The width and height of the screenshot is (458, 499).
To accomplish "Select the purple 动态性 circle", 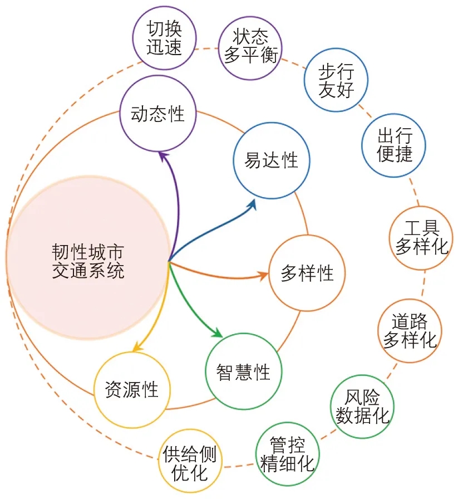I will pyautogui.click(x=157, y=114).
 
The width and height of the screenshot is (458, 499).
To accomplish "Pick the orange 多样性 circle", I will pyautogui.click(x=307, y=273).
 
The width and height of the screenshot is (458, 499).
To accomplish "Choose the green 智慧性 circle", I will pyautogui.click(x=244, y=371).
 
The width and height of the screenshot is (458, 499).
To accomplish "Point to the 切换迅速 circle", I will pyautogui.click(x=165, y=38).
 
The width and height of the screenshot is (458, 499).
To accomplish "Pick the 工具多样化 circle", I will pyautogui.click(x=422, y=237).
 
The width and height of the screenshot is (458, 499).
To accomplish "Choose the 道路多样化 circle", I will pyautogui.click(x=409, y=330).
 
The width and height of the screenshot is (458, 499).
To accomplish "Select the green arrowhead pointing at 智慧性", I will pyautogui.click(x=218, y=334).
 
